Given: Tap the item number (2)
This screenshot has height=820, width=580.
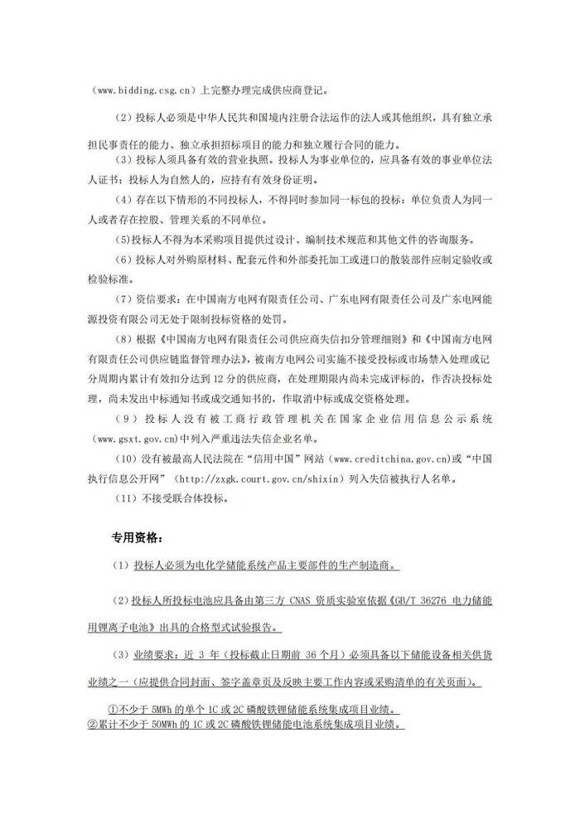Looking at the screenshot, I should point(122,120).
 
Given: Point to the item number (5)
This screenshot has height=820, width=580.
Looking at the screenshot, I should point(122,240).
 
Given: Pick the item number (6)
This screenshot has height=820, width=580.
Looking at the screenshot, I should point(122,260).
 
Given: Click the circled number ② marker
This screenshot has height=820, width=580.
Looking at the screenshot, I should point(94,723).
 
